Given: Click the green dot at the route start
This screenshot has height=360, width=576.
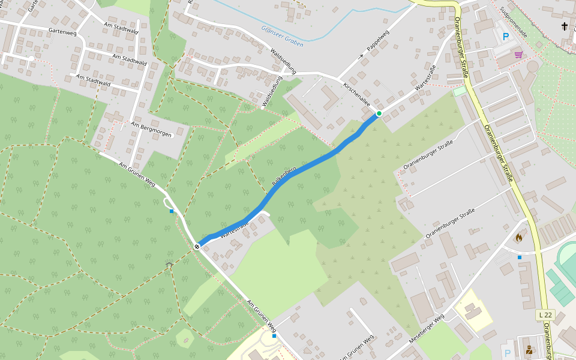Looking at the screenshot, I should (x=379, y=113).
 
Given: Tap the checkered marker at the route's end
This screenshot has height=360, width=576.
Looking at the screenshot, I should (x=197, y=246).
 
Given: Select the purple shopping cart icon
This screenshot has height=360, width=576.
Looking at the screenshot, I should (x=518, y=54).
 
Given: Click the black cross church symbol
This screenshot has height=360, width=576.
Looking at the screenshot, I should (x=564, y=26).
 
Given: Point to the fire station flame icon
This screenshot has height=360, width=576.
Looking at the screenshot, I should (x=518, y=237).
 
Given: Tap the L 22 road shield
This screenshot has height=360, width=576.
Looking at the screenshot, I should (x=545, y=315).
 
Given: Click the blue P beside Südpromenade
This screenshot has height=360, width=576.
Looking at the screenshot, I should (x=506, y=37).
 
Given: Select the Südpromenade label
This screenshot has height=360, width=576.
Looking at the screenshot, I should (x=515, y=23).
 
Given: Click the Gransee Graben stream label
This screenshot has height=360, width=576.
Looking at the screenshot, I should (x=282, y=35).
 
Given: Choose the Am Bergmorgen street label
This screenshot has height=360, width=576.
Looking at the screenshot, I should (x=151, y=131).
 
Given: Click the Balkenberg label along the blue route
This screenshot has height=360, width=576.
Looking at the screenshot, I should (x=284, y=175).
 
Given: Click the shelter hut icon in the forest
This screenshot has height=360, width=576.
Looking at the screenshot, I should (x=169, y=265).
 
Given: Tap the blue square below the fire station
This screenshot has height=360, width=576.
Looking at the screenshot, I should (x=520, y=257).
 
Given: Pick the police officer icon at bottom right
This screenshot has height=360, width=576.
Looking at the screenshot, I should (x=529, y=350).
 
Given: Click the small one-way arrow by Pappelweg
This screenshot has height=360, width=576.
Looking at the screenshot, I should (x=362, y=56).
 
